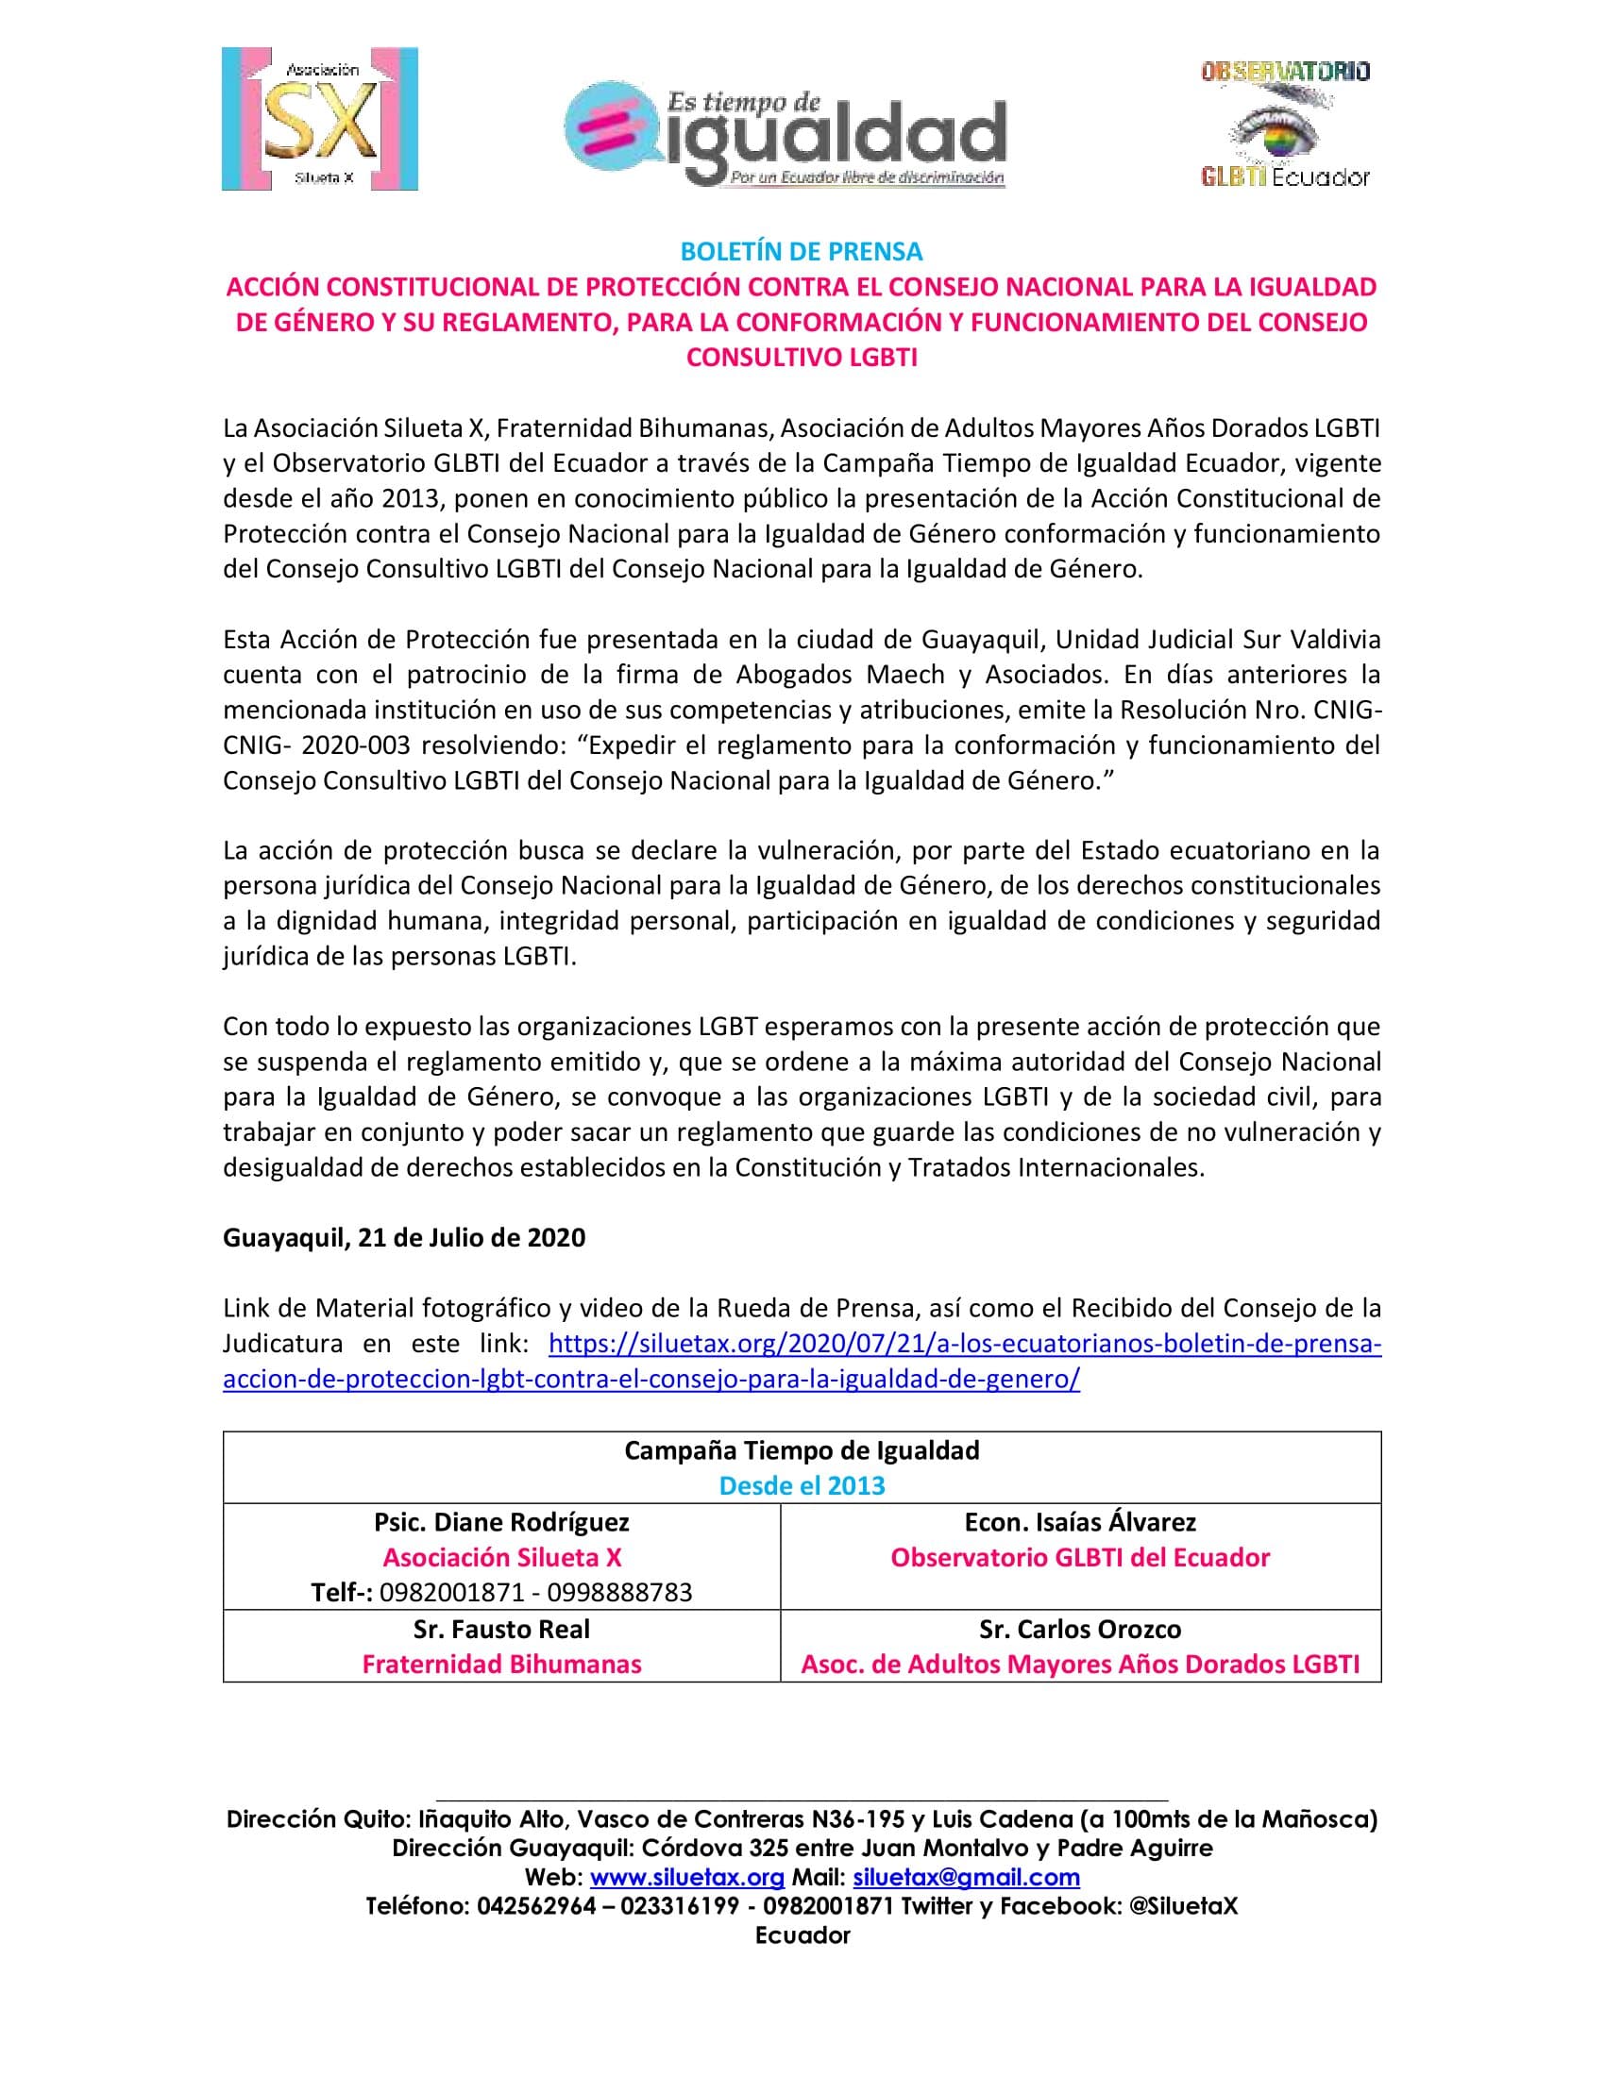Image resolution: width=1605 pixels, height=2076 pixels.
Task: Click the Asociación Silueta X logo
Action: point(319,119)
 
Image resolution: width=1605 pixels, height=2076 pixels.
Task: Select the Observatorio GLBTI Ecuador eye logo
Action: point(1285,124)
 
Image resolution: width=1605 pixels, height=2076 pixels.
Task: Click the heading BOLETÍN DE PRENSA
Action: point(802,252)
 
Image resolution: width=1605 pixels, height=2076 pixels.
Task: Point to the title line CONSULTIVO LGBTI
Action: point(802,358)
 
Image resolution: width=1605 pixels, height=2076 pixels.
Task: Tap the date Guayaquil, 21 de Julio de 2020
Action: point(404,1238)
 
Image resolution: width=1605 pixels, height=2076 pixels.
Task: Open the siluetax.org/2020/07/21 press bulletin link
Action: point(964,1344)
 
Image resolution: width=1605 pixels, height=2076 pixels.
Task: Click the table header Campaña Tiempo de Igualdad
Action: point(802,1450)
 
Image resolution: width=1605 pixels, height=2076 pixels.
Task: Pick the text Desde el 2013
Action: point(802,1485)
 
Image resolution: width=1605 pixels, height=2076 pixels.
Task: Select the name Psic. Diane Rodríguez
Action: point(501,1522)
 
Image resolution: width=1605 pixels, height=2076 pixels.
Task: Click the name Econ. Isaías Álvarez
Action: point(1080,1522)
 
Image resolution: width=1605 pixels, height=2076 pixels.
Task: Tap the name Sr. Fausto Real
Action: point(501,1629)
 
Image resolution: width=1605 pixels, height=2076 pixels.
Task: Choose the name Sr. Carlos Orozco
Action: point(1080,1629)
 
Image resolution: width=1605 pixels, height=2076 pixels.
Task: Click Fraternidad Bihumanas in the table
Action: point(501,1664)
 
